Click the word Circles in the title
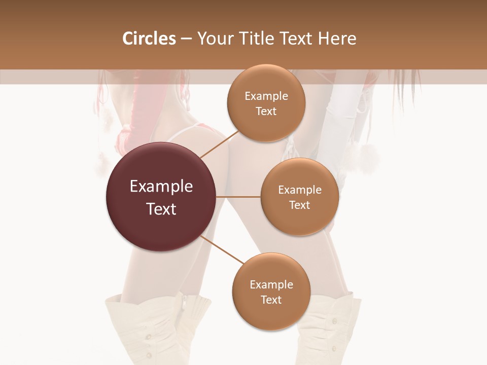point(149,39)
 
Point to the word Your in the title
point(214,39)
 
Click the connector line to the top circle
point(219,144)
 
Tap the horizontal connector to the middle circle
point(238,197)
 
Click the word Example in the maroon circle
point(161,187)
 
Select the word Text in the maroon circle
point(161,209)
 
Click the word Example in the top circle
point(266,96)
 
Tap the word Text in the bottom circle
point(271,300)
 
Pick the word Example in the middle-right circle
point(299,190)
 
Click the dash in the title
point(186,39)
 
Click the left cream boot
point(152,330)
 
